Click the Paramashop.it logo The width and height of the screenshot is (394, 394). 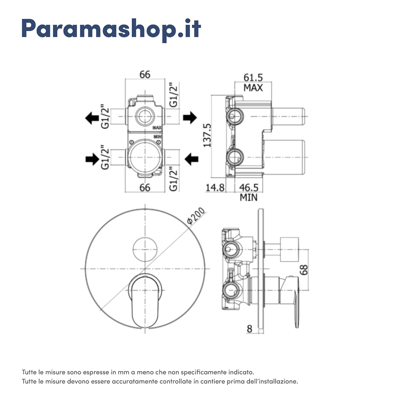(111, 28)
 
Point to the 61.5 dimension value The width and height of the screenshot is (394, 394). (253, 77)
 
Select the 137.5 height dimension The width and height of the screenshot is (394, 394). (207, 136)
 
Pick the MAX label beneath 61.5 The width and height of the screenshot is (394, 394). (253, 87)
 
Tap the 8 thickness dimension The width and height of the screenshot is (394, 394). (249, 328)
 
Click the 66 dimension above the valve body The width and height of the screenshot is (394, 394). (145, 74)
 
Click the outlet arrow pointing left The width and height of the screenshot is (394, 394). (92, 117)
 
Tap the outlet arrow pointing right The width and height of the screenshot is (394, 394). (190, 117)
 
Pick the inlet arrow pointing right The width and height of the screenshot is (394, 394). (92, 159)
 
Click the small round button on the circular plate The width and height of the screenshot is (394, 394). (145, 249)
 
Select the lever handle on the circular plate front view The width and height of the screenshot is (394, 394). (145, 299)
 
